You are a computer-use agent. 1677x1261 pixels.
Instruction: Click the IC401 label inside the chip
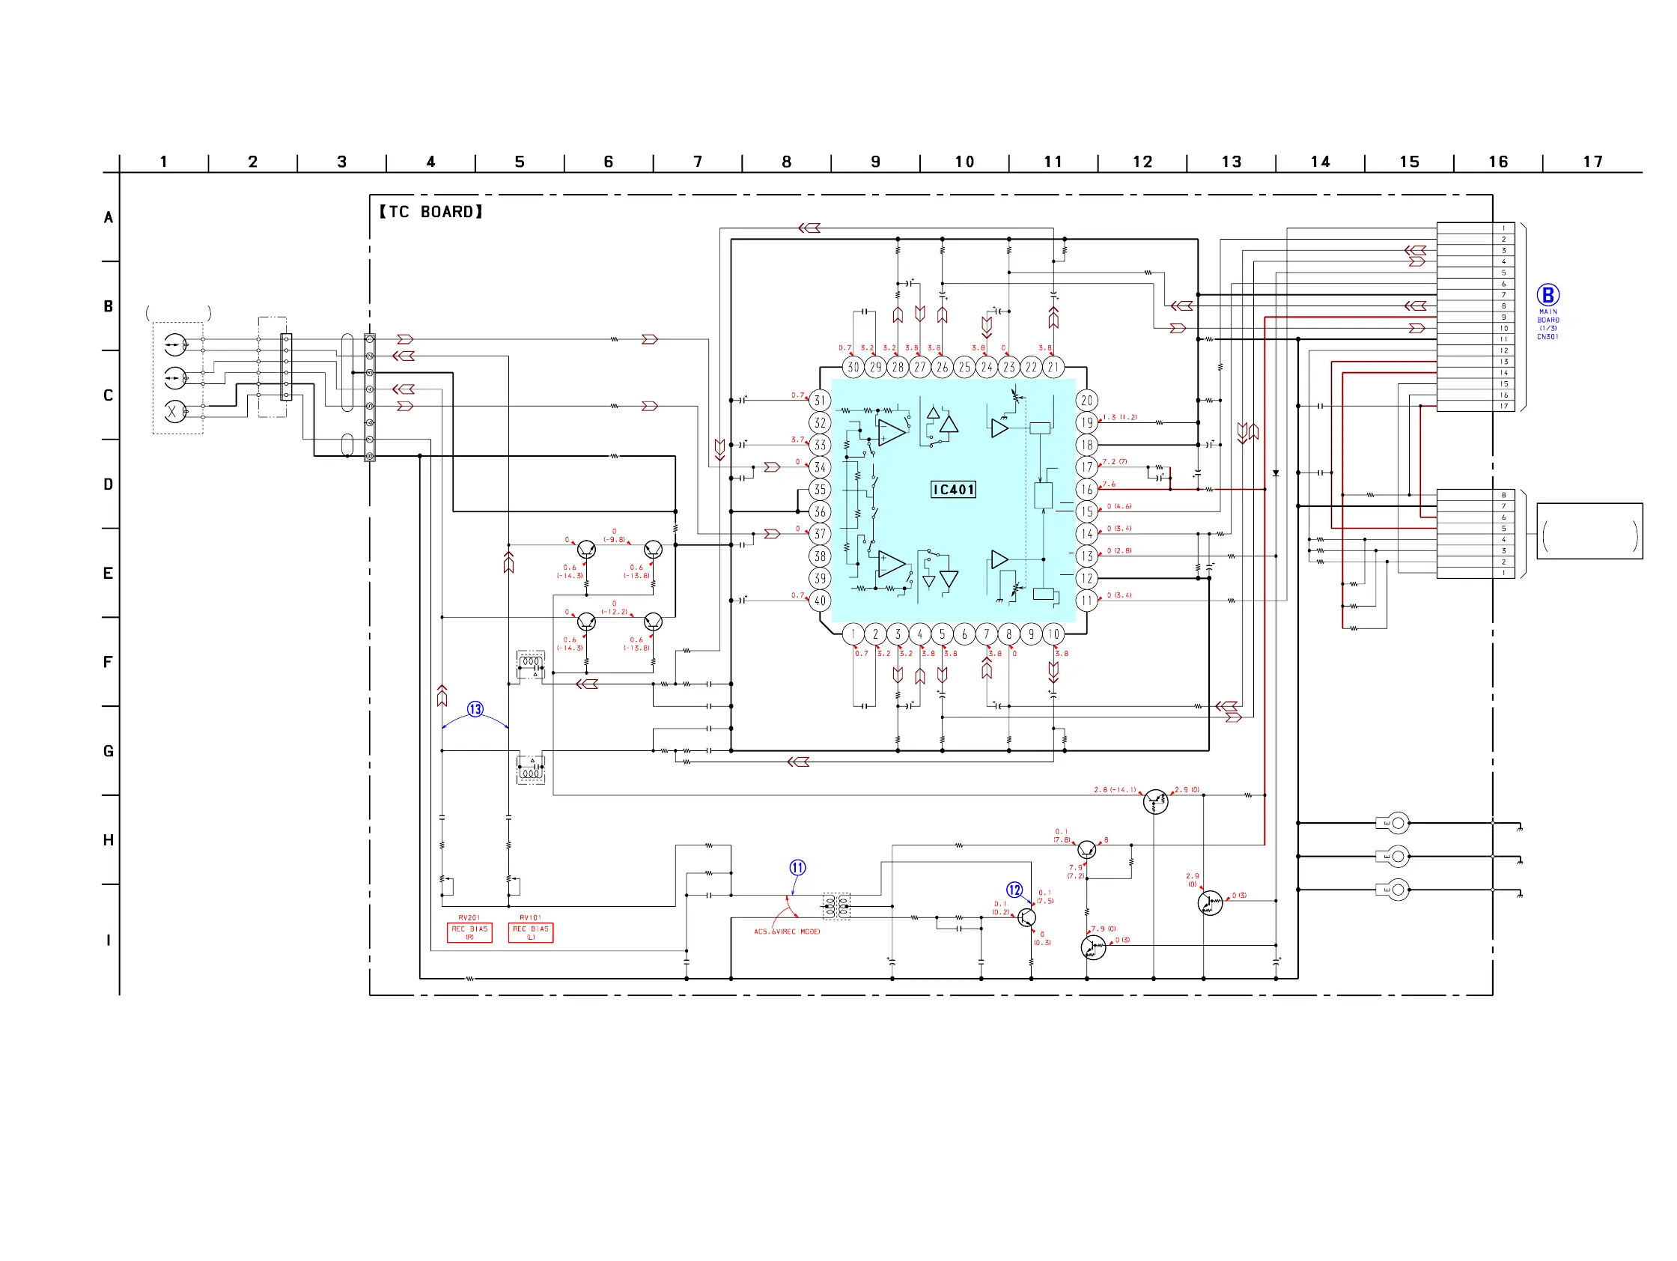pyautogui.click(x=953, y=490)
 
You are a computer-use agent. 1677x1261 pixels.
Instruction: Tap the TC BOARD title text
pyautogui.click(x=430, y=213)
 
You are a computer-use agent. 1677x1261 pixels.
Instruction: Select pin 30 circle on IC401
pyautogui.click(x=853, y=368)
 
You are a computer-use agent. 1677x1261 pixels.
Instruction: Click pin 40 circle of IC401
pyautogui.click(x=820, y=601)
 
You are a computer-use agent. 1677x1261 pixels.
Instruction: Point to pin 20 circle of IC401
pyautogui.click(x=1086, y=401)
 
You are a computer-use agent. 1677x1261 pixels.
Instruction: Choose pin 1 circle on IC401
pyautogui.click(x=853, y=634)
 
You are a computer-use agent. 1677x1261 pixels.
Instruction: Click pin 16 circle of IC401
pyautogui.click(x=1086, y=490)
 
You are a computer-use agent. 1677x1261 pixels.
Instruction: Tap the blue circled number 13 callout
pyautogui.click(x=475, y=709)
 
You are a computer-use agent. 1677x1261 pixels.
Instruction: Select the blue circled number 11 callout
pyautogui.click(x=797, y=867)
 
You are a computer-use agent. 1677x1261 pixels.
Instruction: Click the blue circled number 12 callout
pyautogui.click(x=1014, y=890)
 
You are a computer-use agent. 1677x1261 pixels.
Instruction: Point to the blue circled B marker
pyautogui.click(x=1547, y=295)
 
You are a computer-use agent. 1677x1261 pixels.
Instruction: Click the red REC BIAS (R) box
pyautogui.click(x=469, y=933)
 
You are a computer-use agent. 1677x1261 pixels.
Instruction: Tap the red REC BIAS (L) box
pyautogui.click(x=531, y=933)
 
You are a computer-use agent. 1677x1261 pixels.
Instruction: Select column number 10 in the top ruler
pyautogui.click(x=964, y=162)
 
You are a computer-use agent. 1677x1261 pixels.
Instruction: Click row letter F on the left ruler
pyautogui.click(x=108, y=662)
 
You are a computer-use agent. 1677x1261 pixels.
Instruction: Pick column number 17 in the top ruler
pyautogui.click(x=1592, y=162)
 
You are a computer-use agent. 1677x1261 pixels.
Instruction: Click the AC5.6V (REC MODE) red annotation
pyautogui.click(x=787, y=932)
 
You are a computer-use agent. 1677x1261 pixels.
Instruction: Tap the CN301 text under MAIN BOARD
pyautogui.click(x=1547, y=337)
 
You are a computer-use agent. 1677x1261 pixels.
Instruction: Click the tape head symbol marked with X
pyautogui.click(x=174, y=411)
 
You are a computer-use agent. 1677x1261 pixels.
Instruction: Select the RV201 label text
pyautogui.click(x=469, y=917)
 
